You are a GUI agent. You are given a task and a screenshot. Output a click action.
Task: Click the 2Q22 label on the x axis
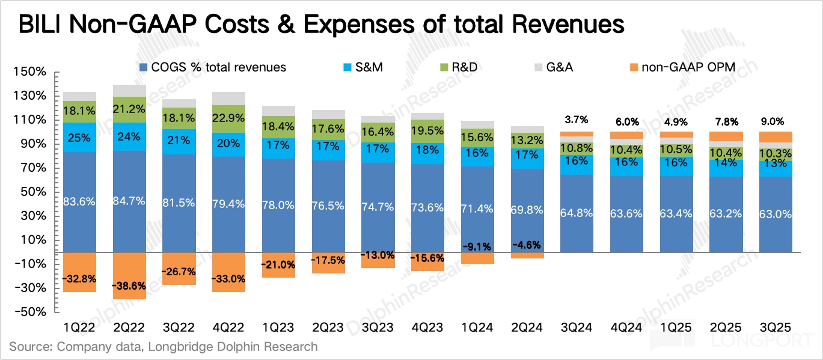point(129,327)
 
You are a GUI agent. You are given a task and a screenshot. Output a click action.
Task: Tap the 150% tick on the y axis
point(29,72)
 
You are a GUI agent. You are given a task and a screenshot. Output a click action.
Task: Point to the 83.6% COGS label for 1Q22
point(79,202)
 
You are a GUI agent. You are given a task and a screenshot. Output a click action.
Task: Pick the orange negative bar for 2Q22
point(129,275)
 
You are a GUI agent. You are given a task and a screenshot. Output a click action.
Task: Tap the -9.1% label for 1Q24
point(477,246)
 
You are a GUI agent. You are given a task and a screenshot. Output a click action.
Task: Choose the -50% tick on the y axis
point(29,312)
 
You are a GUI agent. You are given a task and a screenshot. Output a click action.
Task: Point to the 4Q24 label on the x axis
point(626,327)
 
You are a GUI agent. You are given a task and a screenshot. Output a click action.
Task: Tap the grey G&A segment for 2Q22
point(129,91)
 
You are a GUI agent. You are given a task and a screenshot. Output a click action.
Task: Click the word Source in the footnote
point(29,347)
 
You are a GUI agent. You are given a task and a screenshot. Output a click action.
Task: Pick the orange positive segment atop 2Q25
point(725,136)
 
